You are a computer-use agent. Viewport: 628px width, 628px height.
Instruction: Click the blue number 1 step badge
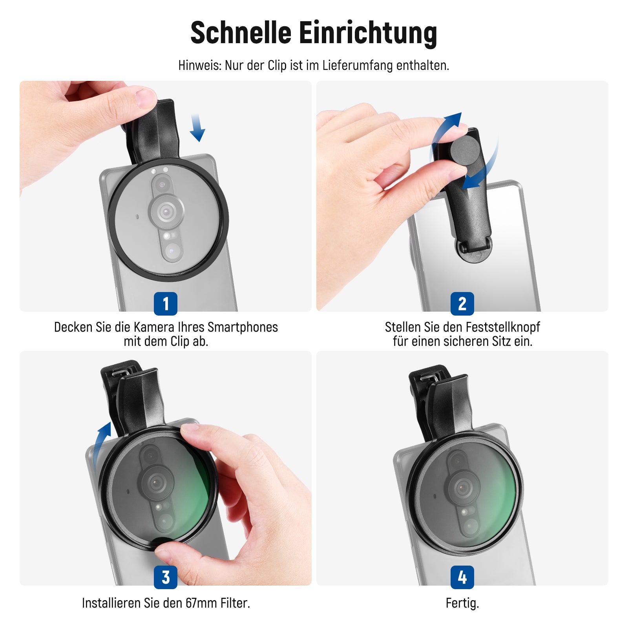tap(166, 303)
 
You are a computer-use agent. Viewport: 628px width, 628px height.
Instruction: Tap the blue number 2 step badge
tap(462, 303)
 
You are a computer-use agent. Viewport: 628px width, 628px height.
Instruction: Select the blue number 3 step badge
tap(166, 577)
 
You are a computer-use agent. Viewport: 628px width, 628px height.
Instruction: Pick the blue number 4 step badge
tap(462, 577)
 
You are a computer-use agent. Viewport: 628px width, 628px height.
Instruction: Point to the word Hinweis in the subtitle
tap(200, 65)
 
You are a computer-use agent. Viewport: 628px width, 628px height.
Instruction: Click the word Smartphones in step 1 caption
tap(243, 327)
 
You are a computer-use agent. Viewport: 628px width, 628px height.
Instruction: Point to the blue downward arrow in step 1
tap(197, 128)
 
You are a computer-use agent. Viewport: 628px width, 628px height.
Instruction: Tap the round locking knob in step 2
tap(465, 149)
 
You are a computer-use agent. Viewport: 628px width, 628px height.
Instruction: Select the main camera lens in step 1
tap(167, 212)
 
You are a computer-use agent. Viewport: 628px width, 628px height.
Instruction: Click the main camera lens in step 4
tap(464, 488)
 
